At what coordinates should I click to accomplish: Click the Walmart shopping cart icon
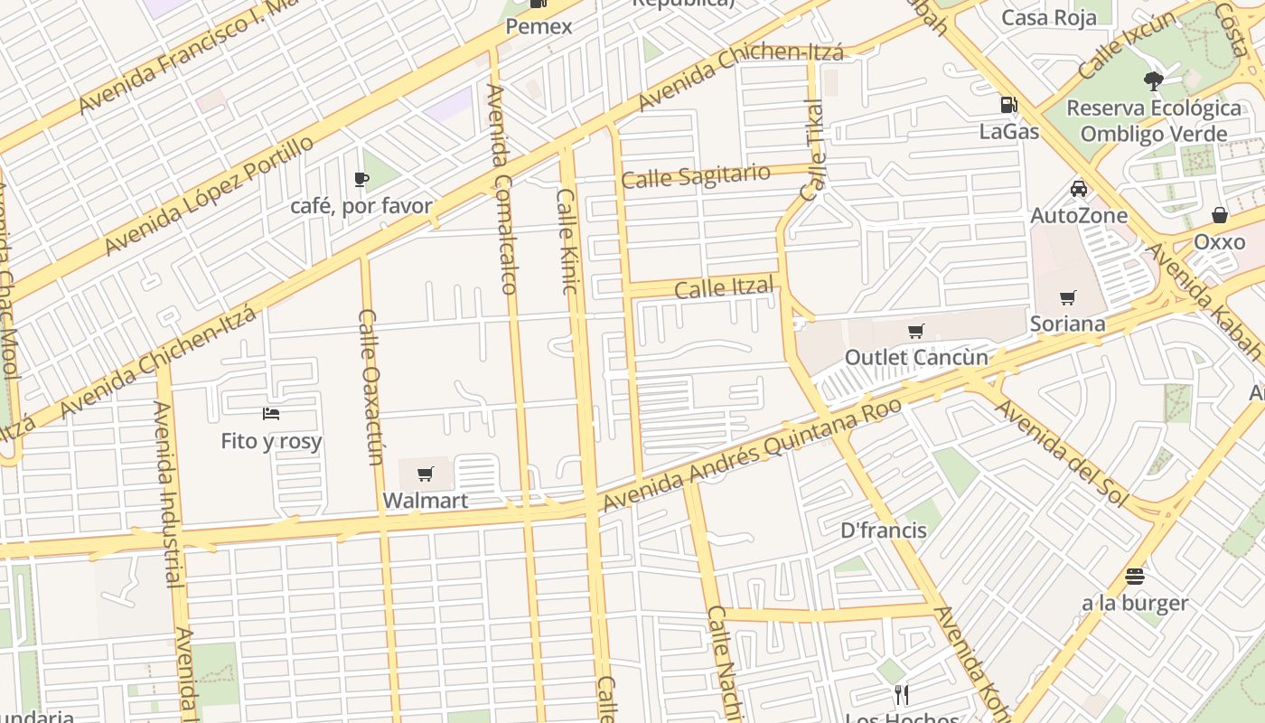click(426, 474)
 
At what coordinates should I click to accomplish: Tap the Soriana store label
click(1067, 324)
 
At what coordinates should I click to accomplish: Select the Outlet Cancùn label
click(916, 357)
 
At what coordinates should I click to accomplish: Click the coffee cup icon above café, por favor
click(361, 179)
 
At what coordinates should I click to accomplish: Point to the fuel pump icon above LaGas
click(1008, 105)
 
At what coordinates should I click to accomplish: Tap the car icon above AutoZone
click(1078, 189)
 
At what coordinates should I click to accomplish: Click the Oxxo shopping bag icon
click(1219, 215)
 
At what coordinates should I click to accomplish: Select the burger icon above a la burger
click(1135, 576)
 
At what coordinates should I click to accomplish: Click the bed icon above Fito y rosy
click(271, 414)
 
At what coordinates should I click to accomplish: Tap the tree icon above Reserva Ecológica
click(1153, 80)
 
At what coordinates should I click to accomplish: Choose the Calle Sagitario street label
click(696, 175)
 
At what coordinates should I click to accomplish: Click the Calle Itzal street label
click(724, 288)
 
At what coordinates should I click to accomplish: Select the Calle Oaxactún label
click(371, 387)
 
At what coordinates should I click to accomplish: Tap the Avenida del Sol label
click(1062, 452)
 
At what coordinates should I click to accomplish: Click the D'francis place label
click(883, 530)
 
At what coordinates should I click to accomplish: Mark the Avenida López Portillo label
click(209, 194)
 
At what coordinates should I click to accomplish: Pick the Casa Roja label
click(1049, 17)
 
